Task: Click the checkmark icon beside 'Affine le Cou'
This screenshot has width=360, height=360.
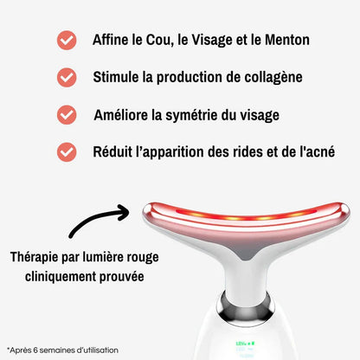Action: (66, 41)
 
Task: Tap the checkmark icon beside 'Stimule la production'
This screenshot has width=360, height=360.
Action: (66, 78)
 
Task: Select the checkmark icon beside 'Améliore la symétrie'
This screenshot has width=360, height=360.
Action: (66, 114)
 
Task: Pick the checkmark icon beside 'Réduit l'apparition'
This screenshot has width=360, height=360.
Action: (66, 151)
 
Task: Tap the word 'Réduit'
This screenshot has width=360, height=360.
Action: (114, 151)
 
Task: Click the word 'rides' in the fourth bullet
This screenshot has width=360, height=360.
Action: (243, 151)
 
